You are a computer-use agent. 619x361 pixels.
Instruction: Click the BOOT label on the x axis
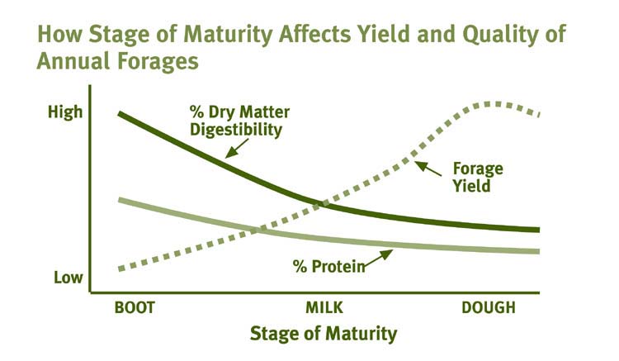135,308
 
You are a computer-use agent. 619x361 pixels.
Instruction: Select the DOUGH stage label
488,308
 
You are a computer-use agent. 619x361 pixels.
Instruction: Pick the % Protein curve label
328,266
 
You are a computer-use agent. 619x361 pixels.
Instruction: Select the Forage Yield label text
478,178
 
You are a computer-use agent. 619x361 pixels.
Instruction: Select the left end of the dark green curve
120,112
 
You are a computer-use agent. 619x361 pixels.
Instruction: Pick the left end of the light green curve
120,200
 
